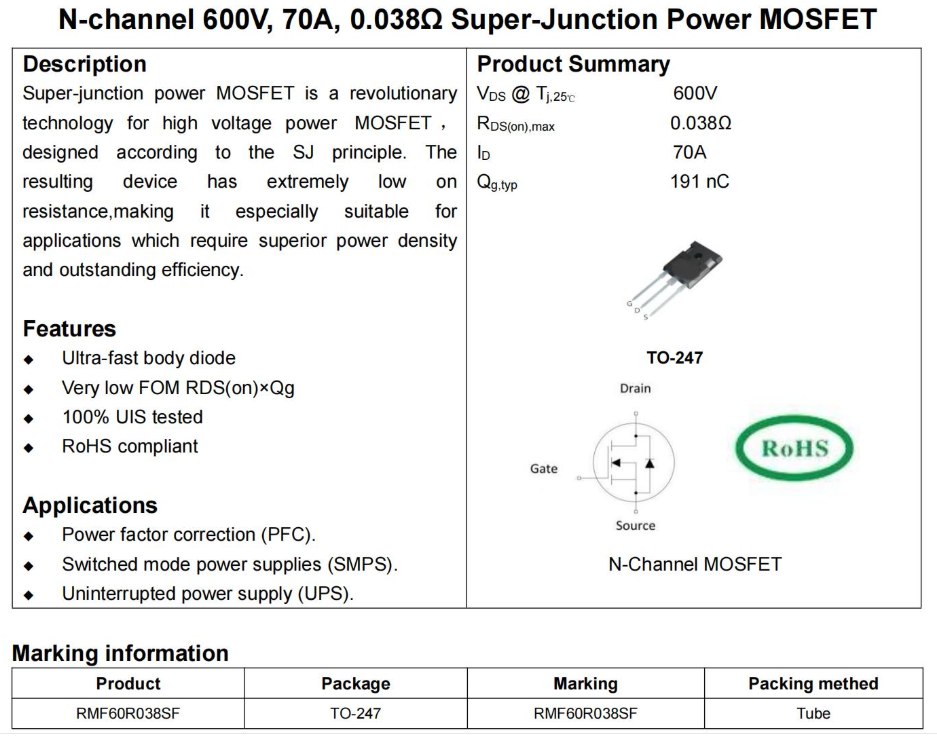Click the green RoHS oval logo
click(795, 448)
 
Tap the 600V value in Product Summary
click(695, 94)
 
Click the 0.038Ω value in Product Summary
click(701, 124)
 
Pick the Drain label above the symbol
click(635, 388)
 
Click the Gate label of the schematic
click(544, 468)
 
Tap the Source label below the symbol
click(635, 525)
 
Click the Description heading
click(84, 64)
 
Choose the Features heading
click(69, 329)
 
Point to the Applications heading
click(90, 505)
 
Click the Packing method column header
click(813, 684)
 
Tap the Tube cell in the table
click(813, 713)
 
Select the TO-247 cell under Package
click(355, 713)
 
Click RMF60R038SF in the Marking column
click(585, 713)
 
